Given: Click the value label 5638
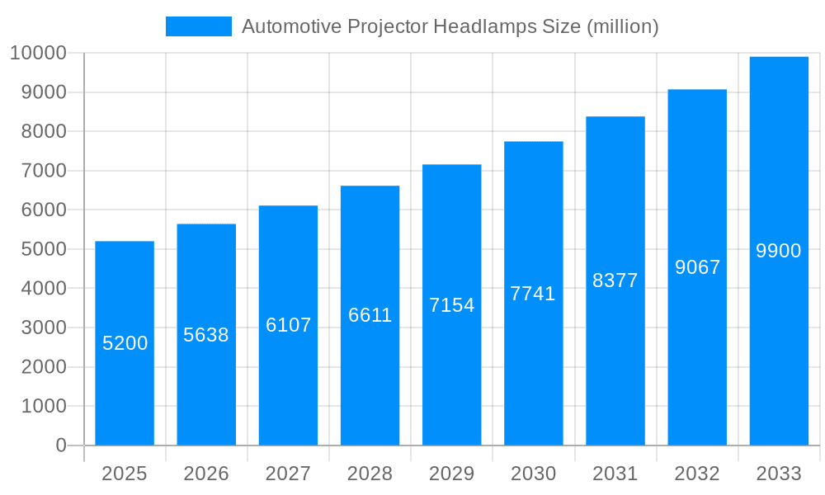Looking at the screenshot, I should (x=206, y=335).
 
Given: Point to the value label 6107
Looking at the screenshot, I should (x=288, y=325).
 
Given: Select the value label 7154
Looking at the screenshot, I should (x=451, y=305).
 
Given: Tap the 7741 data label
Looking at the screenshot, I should (x=533, y=294).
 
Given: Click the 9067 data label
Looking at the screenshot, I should (x=697, y=267).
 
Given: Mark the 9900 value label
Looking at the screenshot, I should (x=779, y=251).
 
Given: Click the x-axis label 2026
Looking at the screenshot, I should (x=206, y=474).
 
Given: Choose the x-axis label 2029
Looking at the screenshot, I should (x=451, y=474).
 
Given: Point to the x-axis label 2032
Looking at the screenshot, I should (x=697, y=474).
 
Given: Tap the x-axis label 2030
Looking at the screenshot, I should (x=533, y=474).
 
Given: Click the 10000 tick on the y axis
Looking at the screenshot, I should (x=38, y=54).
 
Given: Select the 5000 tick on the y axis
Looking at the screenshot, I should (x=43, y=249).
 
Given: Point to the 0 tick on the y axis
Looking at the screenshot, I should (x=61, y=445).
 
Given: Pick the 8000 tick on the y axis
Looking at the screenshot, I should (x=43, y=132).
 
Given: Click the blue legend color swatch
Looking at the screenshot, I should (x=198, y=26).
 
